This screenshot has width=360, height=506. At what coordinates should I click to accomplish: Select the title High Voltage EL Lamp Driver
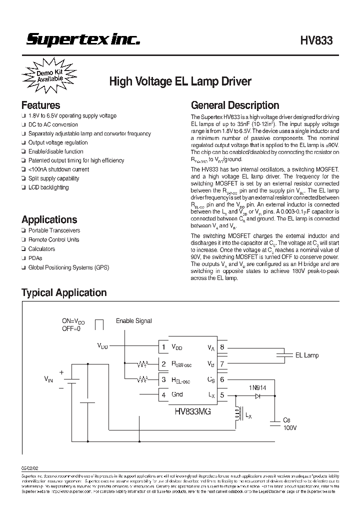(180, 81)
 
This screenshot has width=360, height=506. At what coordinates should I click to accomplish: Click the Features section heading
(40, 105)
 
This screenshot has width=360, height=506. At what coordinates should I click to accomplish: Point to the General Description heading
(235, 105)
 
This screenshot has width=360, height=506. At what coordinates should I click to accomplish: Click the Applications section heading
(49, 219)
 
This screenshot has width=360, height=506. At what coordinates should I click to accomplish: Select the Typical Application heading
(64, 292)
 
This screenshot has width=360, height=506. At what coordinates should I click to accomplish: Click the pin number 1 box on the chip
(162, 346)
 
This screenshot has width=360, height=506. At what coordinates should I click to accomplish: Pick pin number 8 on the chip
(222, 346)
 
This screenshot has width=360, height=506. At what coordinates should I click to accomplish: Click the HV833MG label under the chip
(192, 411)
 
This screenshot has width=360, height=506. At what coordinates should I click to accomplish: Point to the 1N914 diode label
(257, 386)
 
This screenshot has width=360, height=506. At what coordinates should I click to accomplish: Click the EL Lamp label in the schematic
(306, 355)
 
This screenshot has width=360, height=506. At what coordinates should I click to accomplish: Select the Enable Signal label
(133, 320)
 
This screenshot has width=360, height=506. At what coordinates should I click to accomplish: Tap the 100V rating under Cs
(290, 428)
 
